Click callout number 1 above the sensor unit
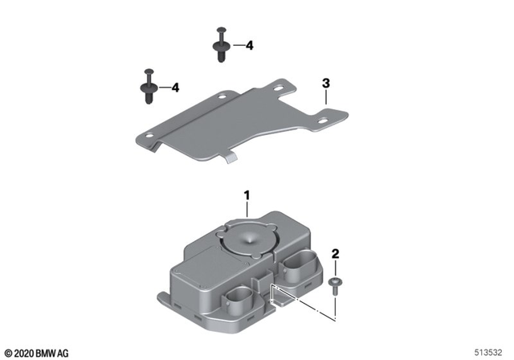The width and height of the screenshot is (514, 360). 247,195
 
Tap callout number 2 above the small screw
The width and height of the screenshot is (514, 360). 336,255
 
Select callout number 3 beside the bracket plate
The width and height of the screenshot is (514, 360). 325,83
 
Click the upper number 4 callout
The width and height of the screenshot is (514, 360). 249,46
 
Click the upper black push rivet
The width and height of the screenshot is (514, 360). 220,45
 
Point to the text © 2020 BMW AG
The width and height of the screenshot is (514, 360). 37,353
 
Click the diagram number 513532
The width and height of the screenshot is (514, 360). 491,353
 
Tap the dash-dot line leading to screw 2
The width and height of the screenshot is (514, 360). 305,301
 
